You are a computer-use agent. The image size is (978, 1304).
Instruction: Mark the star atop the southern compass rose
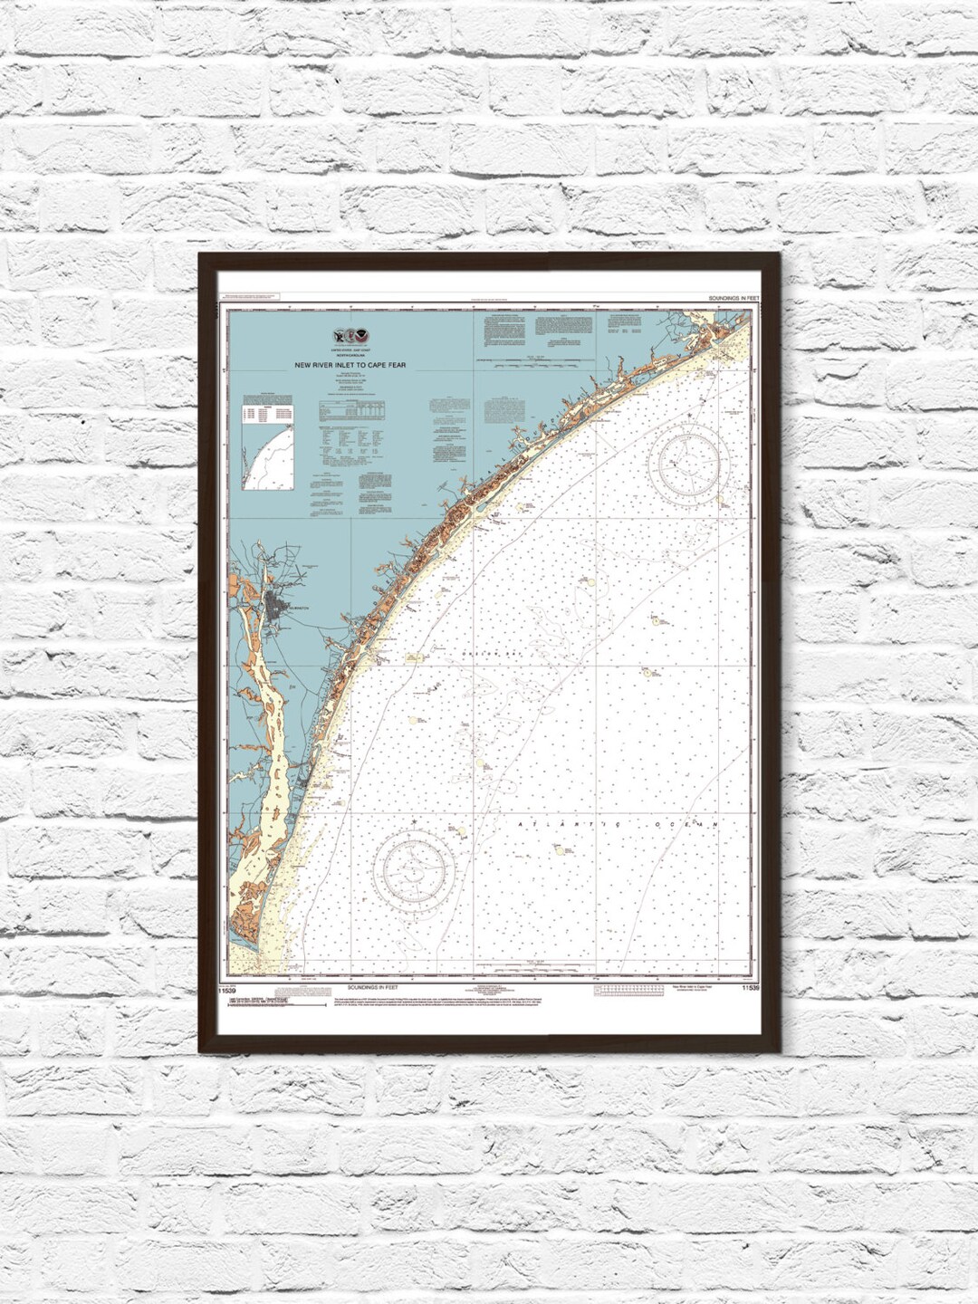412,821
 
